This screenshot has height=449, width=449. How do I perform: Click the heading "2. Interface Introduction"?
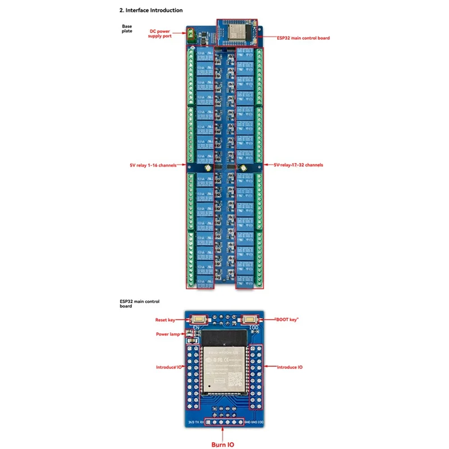[x=151, y=10]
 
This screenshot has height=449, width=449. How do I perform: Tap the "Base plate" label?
[x=127, y=29]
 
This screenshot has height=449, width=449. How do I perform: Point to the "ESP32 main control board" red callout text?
[x=303, y=38]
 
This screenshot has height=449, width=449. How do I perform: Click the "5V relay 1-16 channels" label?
[x=153, y=165]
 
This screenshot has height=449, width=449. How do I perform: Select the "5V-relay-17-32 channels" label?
[x=298, y=165]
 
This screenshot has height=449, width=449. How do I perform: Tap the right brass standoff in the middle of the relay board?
[x=244, y=168]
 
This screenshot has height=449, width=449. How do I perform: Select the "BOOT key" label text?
[x=286, y=319]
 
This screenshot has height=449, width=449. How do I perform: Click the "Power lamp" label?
[x=167, y=334]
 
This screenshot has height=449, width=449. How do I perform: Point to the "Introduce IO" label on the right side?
[x=289, y=367]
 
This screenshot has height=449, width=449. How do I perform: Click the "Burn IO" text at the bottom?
[x=223, y=445]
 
